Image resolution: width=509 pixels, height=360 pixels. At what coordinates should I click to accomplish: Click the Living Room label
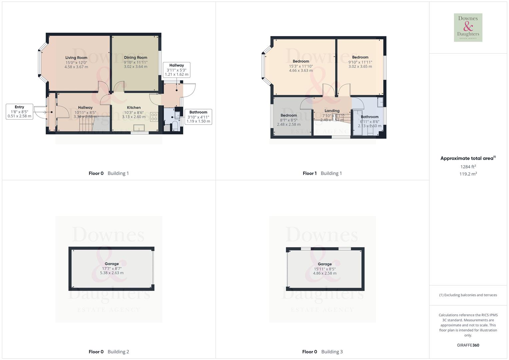coord(76,58)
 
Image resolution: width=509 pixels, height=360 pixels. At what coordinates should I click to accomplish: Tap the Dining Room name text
coord(136,58)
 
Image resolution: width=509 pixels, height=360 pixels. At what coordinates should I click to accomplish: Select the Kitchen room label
coord(134,108)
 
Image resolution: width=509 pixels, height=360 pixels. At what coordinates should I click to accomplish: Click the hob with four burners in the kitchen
coord(154,117)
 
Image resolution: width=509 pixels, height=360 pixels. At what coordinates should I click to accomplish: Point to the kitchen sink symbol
coord(139,128)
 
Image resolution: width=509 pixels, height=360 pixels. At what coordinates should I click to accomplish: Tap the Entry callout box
coord(19,112)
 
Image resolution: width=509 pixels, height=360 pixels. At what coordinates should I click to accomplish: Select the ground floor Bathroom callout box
coord(198,117)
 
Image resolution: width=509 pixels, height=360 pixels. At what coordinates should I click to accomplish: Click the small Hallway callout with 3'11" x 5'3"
coord(177,70)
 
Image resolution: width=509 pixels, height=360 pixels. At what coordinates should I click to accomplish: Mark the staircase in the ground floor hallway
coord(86,126)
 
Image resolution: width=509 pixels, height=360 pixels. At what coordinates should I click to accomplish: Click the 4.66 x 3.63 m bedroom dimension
coord(301,71)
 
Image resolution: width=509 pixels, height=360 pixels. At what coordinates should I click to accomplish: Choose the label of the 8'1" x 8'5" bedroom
coord(289,115)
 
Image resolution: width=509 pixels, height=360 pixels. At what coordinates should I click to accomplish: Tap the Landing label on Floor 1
coord(332,111)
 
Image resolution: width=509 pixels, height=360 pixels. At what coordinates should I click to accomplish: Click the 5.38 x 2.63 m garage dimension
coord(112,273)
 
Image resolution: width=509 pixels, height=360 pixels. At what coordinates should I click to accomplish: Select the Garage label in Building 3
coord(325,264)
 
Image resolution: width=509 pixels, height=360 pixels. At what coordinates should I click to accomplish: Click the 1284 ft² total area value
coord(468,167)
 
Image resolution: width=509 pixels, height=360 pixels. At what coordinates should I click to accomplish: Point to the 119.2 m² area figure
coord(468,174)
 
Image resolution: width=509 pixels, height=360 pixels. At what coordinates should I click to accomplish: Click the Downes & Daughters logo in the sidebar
coord(468,28)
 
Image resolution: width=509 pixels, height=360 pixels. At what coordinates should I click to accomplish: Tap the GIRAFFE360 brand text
coord(468,345)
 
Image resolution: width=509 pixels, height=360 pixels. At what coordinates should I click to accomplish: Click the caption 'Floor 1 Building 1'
coord(322,173)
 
